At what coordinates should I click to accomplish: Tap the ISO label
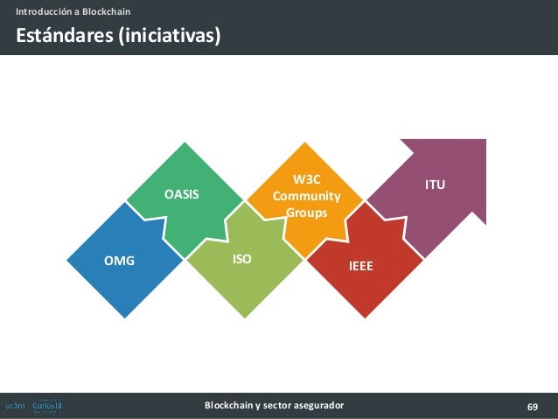coord(241,260)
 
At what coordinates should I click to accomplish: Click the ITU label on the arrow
coord(435,185)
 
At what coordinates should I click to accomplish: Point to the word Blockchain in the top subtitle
coord(107,11)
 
